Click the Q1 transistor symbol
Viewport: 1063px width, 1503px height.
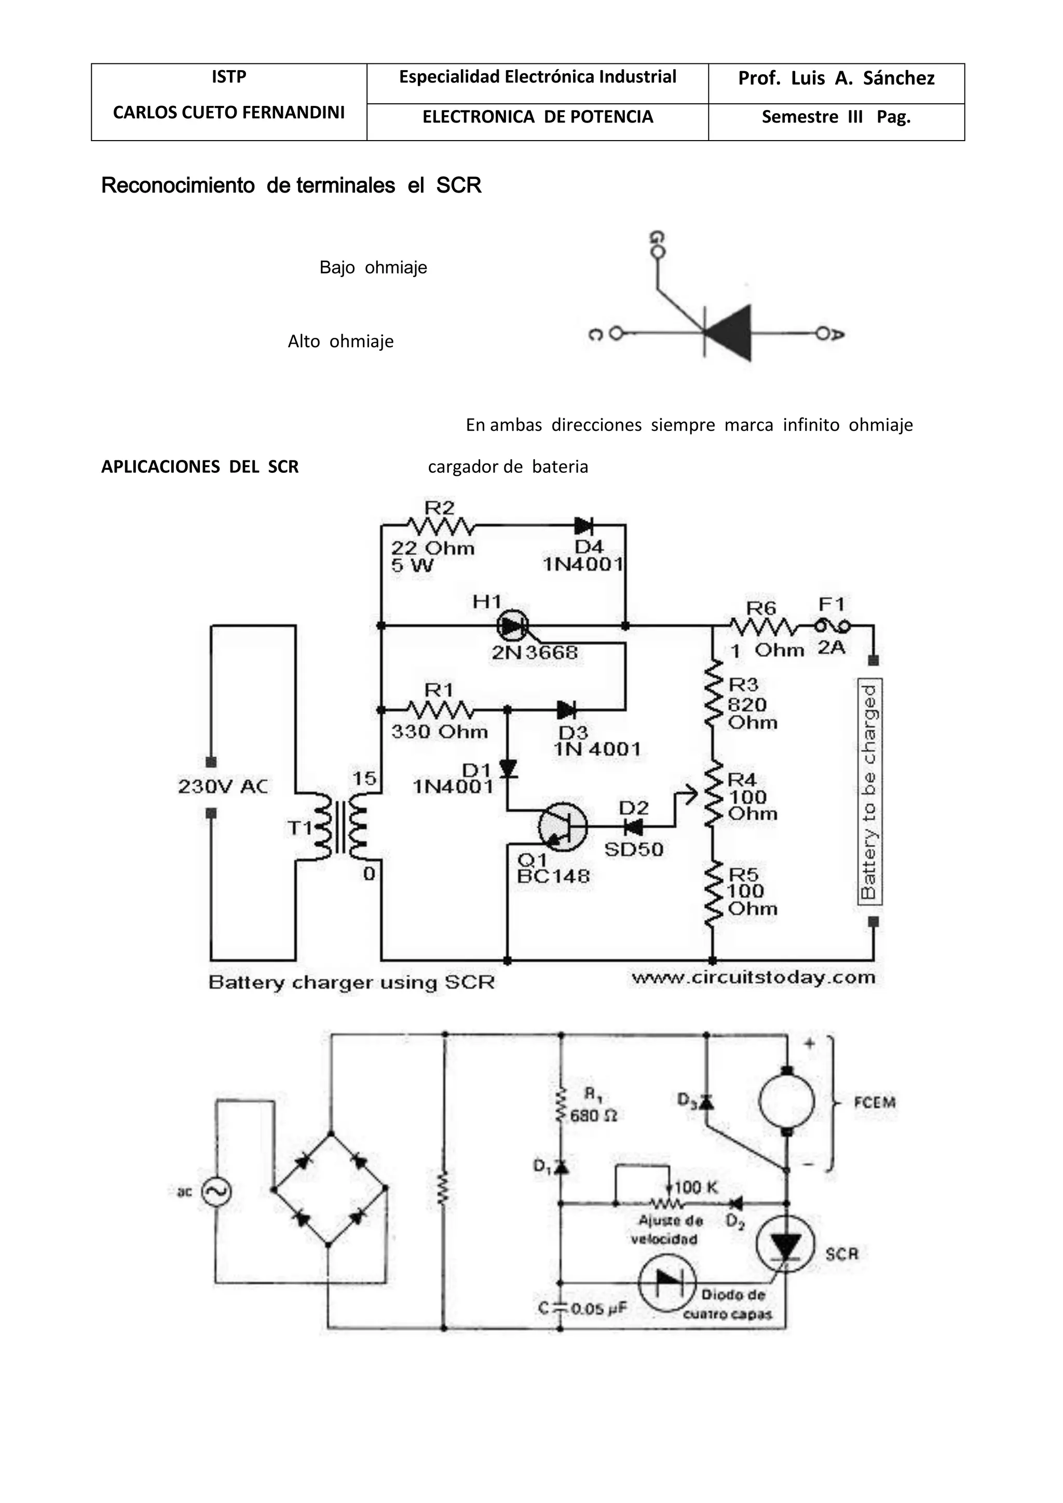(x=562, y=827)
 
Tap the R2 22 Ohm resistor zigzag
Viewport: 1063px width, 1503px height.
(x=441, y=526)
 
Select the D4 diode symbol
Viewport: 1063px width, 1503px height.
(x=583, y=525)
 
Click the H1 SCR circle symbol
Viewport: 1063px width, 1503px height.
(x=512, y=626)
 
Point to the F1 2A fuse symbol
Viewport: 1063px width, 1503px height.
(x=832, y=627)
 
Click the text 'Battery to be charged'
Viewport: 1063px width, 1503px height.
(x=869, y=792)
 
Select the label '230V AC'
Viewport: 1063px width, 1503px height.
(x=223, y=786)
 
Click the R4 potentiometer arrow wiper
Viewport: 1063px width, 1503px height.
(x=687, y=797)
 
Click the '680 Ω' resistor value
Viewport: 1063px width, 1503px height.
(x=593, y=1115)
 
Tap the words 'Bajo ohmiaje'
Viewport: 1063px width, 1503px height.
(x=373, y=268)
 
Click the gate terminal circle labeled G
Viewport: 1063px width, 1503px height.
(x=659, y=253)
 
